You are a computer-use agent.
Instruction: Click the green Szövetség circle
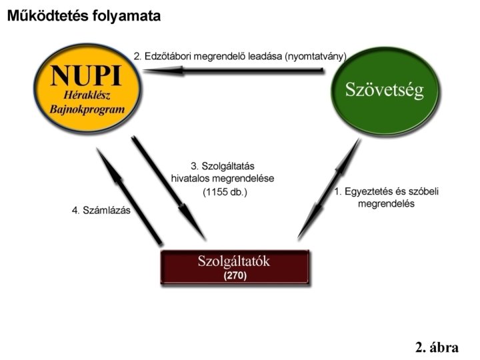[384, 91]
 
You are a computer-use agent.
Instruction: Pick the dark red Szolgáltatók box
[234, 267]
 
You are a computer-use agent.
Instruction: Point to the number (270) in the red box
[234, 275]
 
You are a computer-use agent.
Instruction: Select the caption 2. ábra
[436, 347]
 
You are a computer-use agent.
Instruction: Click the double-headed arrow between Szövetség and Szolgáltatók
[329, 189]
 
